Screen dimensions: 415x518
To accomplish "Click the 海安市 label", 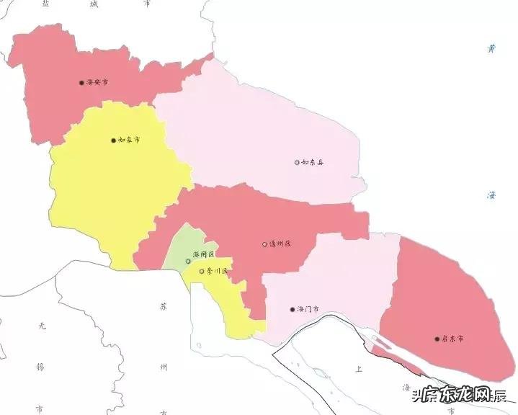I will point(97,83).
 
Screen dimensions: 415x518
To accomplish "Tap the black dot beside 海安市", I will point(81,83).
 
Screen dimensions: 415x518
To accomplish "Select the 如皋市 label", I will point(129,140).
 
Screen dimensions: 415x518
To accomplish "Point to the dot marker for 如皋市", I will point(113,140).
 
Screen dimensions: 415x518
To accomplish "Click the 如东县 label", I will point(313,162).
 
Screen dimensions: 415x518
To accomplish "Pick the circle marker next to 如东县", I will point(297,162).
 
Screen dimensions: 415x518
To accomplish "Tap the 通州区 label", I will point(280,244).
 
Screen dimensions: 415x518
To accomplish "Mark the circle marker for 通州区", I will point(264,244).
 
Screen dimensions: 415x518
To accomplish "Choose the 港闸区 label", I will point(204,256).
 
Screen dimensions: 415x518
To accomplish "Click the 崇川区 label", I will point(217,271).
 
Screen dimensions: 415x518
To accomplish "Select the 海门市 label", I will point(308,310).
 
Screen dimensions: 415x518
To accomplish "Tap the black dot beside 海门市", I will point(292,310).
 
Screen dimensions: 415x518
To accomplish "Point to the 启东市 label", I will point(452,338).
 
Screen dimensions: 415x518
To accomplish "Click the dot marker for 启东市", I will point(437,338).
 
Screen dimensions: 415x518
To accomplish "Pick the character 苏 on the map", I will point(164,306).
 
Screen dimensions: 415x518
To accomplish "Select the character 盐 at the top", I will point(45,4).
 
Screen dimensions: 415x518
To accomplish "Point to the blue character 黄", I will point(491,49).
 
